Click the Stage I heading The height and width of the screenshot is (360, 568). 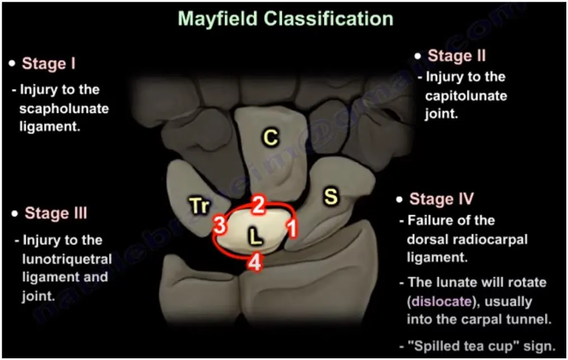[49, 64]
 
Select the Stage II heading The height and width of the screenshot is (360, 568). [457, 56]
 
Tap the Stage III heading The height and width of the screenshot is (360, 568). [56, 213]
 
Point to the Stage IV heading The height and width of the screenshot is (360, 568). [442, 199]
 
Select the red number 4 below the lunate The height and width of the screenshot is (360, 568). [254, 262]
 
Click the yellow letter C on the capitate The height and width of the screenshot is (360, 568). [271, 138]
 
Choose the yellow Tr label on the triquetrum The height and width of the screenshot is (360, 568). [200, 207]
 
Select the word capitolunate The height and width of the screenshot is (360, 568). [466, 96]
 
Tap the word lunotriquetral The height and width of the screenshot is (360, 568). [67, 259]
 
